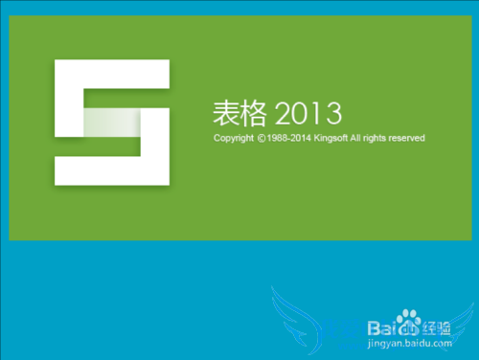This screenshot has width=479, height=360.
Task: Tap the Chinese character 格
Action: [x=253, y=116]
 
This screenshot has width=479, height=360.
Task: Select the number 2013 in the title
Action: [x=308, y=116]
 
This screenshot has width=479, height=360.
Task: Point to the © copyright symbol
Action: [x=262, y=139]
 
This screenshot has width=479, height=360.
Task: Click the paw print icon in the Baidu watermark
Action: [x=409, y=318]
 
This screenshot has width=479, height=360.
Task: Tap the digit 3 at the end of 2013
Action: [x=334, y=116]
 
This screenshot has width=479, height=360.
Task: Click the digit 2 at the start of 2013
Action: [x=284, y=116]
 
